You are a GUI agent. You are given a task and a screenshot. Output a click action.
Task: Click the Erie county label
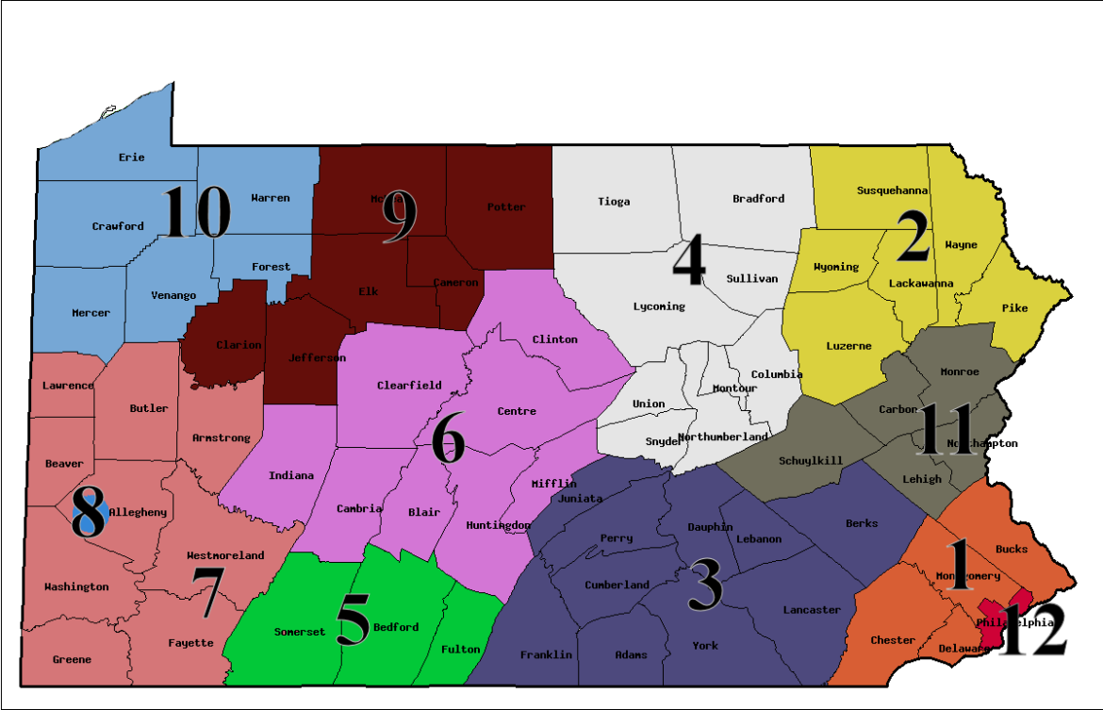click(132, 157)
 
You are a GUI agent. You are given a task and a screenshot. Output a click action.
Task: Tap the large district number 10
click(196, 213)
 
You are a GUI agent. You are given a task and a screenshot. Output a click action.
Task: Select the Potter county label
click(505, 206)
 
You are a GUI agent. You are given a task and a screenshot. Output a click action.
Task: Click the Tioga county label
click(614, 202)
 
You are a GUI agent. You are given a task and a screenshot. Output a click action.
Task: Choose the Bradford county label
click(758, 199)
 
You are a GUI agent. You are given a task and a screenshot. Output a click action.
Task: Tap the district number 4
click(688, 261)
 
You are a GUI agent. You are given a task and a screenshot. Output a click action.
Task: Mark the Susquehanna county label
click(892, 190)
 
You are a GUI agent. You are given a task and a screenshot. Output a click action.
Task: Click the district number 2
click(912, 237)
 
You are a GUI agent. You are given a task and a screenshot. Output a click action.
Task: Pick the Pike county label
click(1014, 308)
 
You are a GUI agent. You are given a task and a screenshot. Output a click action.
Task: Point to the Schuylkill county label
click(811, 461)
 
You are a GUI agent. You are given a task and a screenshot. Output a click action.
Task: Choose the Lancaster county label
click(811, 610)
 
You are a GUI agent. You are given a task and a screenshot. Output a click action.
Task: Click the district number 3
click(705, 585)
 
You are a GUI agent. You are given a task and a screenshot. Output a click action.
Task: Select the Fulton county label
click(460, 649)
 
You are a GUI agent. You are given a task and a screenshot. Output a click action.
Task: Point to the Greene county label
click(72, 660)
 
